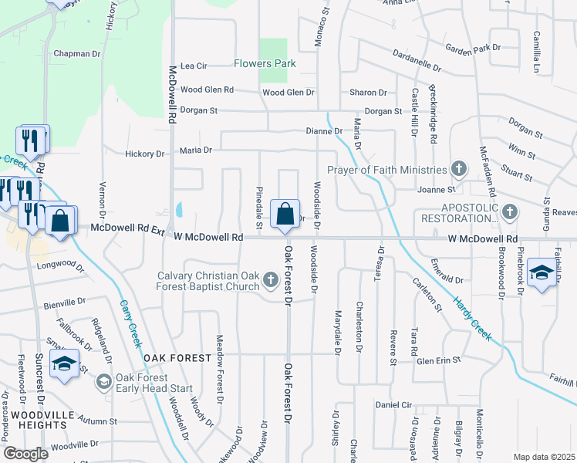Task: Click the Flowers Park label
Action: point(265,63)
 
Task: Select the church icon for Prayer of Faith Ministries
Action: point(459,169)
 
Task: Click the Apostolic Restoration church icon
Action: point(508,211)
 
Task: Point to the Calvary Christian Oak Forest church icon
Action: point(270,279)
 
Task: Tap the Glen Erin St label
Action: point(438,360)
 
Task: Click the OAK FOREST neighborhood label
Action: point(176,358)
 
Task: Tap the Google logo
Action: point(25,454)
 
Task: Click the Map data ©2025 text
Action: point(544,457)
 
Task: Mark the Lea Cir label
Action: point(194,66)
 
